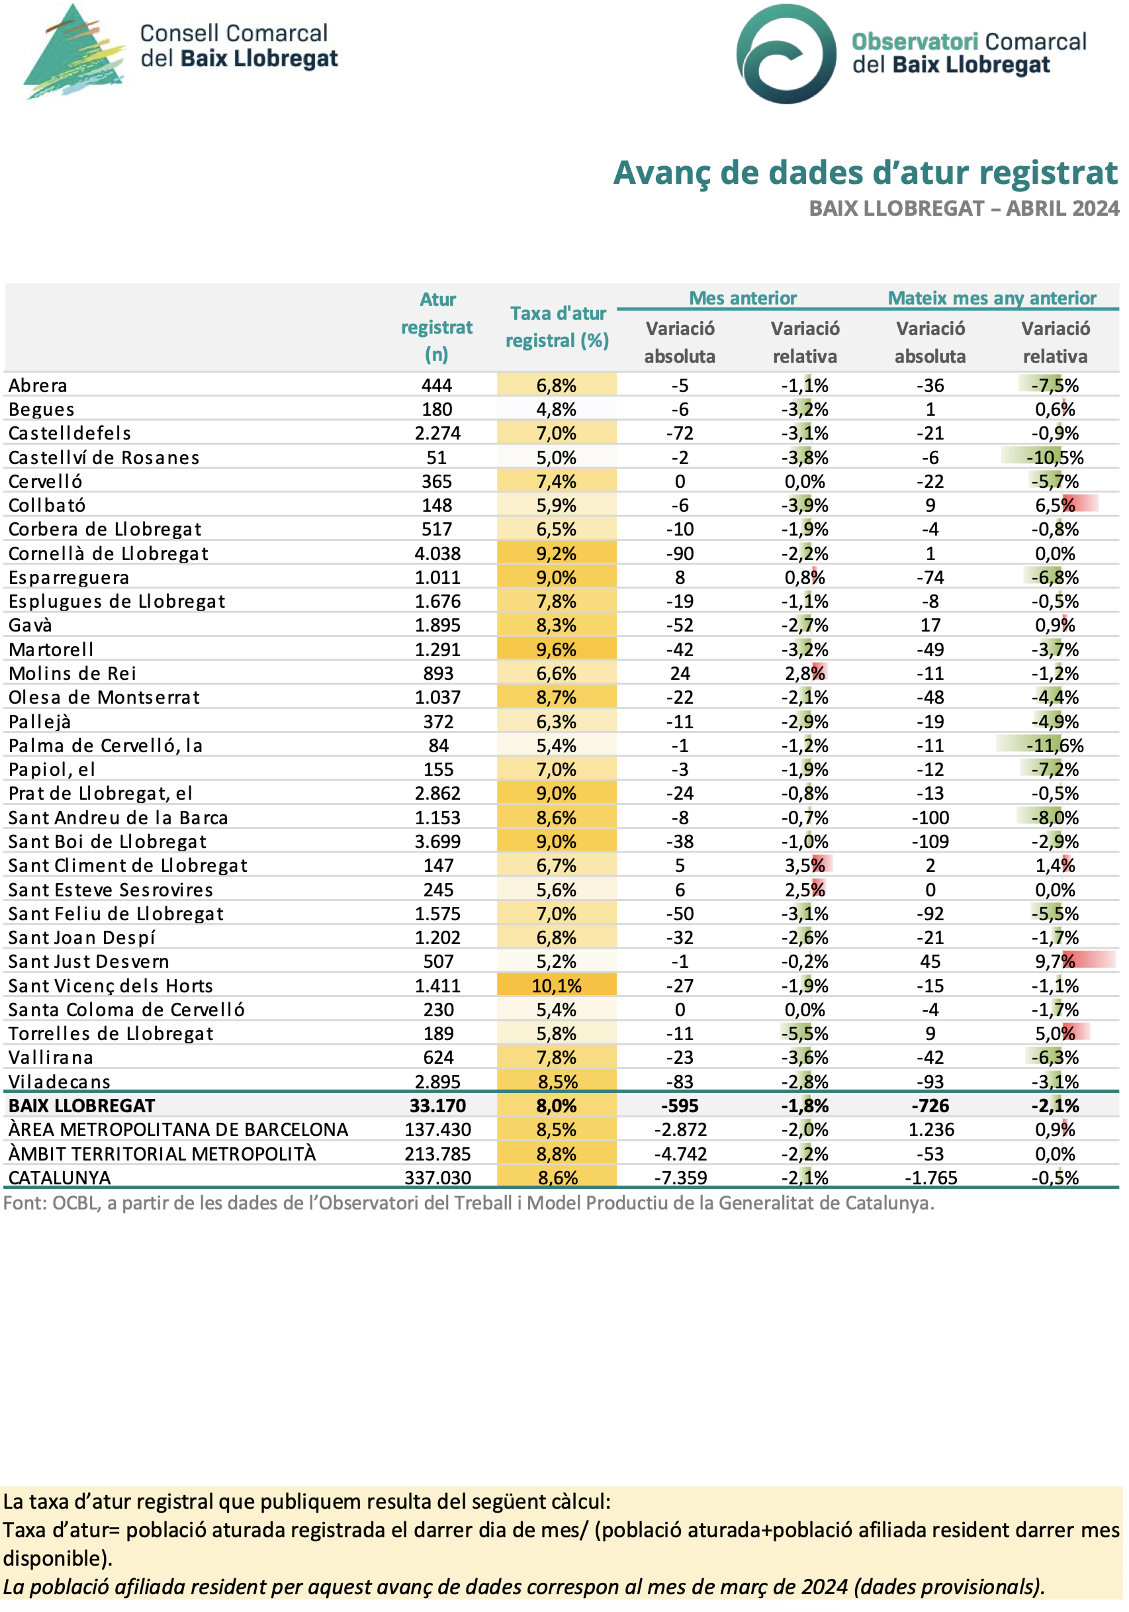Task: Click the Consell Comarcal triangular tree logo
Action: click(73, 53)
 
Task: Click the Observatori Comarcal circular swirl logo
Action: click(786, 54)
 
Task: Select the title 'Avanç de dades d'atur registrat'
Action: click(864, 173)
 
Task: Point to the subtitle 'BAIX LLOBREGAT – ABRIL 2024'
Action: click(964, 209)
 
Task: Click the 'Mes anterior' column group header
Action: click(743, 298)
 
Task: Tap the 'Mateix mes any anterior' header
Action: click(991, 298)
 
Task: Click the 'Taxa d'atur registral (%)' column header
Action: click(557, 326)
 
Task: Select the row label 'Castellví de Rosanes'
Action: click(104, 457)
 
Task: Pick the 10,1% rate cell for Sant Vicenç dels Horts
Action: click(557, 986)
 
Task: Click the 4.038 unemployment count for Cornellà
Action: click(437, 553)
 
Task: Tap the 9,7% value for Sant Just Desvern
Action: click(1055, 961)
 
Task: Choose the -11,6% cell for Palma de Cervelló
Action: click(1055, 745)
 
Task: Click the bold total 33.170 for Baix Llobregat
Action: click(437, 1106)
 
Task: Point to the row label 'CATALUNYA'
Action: click(60, 1178)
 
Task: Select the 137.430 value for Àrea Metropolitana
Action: click(437, 1129)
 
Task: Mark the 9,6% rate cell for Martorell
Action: click(557, 649)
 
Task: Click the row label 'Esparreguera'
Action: click(69, 577)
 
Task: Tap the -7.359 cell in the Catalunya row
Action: click(679, 1178)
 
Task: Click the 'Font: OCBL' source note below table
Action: click(468, 1204)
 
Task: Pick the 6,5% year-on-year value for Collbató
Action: click(1055, 505)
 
